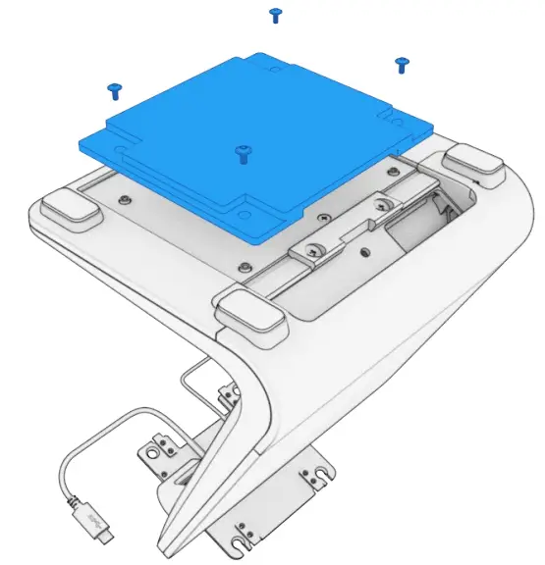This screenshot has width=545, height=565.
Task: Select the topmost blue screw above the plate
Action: [276, 15]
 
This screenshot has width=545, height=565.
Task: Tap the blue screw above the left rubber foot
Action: [114, 90]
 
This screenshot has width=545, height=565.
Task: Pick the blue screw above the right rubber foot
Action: [401, 65]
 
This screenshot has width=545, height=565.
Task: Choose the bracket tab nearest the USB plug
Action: [156, 452]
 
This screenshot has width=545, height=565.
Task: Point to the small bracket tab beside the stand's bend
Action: [231, 393]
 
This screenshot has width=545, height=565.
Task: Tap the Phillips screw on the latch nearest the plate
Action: [314, 249]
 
